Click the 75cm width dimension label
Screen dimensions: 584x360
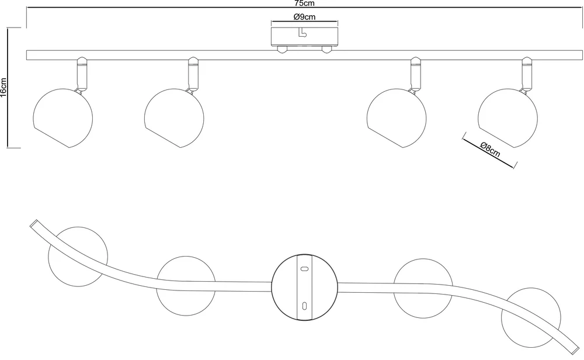[x=304, y=3]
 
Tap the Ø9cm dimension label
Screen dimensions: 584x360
[x=304, y=17]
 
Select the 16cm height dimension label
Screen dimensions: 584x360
[x=4, y=88]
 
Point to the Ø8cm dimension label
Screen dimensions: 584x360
[x=491, y=149]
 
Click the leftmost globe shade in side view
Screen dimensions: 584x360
[x=63, y=118]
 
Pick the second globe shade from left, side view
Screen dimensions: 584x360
[x=174, y=118]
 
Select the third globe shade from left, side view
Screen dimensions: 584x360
[x=397, y=118]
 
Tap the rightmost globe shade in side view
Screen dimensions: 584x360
[x=507, y=118]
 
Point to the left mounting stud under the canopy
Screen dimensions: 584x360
[x=281, y=49]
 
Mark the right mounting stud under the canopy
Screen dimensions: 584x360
[x=327, y=49]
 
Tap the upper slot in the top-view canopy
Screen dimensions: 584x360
[x=304, y=268]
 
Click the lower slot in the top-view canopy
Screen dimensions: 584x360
[x=304, y=306]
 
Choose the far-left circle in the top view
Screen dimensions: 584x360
[x=78, y=257]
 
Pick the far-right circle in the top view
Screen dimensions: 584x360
[x=531, y=317]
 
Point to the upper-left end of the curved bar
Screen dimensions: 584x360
[x=33, y=223]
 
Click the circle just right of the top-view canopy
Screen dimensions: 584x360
[x=423, y=288]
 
